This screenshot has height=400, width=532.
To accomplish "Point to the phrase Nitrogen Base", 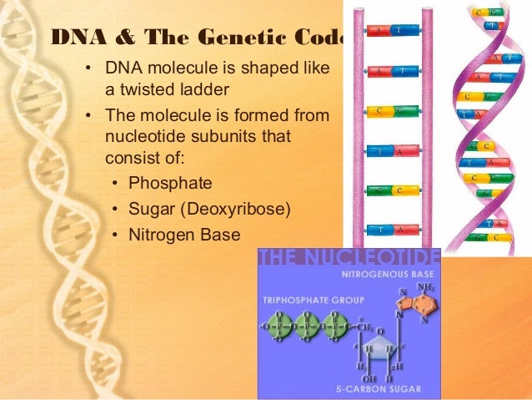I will point(183,235).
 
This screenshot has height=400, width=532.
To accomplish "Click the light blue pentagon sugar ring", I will point(381,352).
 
